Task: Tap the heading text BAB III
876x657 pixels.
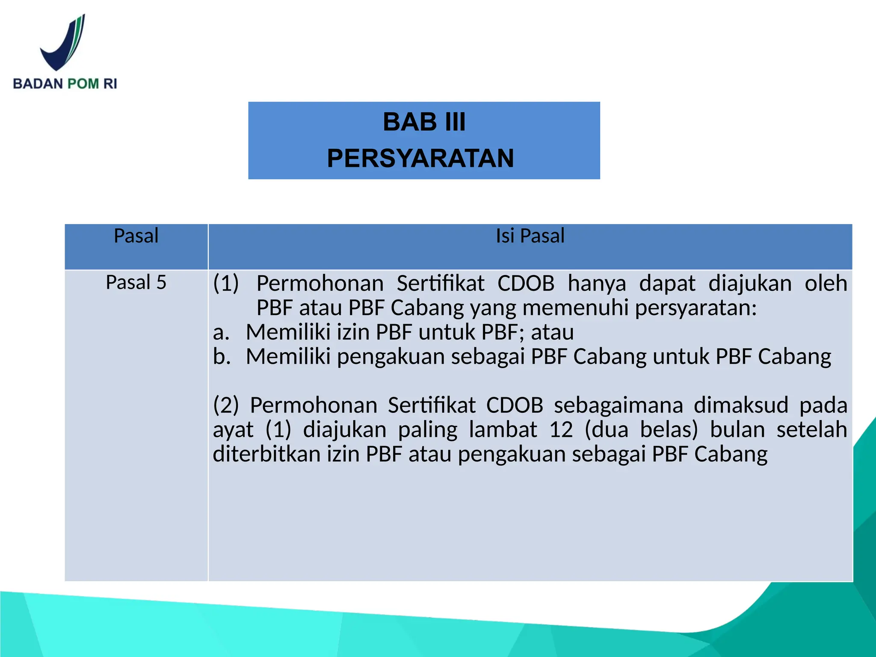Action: click(x=424, y=122)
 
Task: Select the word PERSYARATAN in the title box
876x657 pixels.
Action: click(x=420, y=158)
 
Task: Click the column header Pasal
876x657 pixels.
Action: click(x=136, y=236)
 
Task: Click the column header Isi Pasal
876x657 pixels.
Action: click(x=530, y=236)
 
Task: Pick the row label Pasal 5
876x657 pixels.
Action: click(x=136, y=282)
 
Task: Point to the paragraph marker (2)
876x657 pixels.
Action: click(x=226, y=405)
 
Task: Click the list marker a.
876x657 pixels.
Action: click(x=221, y=332)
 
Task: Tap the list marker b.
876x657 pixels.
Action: click(x=222, y=356)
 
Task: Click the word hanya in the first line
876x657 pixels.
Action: click(x=597, y=284)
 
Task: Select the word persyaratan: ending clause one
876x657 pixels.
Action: click(x=696, y=308)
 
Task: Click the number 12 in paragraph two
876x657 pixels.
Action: click(x=561, y=429)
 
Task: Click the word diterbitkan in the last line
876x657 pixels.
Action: click(x=266, y=454)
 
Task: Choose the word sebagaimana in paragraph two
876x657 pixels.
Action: click(x=619, y=405)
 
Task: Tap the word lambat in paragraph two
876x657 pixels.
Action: click(x=503, y=429)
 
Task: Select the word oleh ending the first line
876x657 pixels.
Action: click(x=826, y=284)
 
